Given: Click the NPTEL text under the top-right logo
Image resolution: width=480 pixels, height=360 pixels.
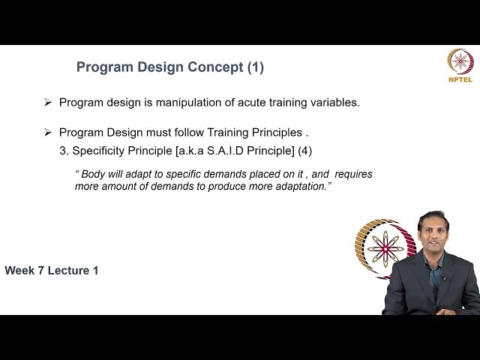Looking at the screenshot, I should click(460, 79).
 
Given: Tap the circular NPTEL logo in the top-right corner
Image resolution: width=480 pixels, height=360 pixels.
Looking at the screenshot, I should click(460, 61).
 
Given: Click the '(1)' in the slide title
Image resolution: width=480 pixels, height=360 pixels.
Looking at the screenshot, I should click(255, 67).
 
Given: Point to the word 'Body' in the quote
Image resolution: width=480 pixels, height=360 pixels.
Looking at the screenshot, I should click(94, 174).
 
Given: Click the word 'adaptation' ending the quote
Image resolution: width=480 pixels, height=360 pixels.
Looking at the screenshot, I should click(301, 186).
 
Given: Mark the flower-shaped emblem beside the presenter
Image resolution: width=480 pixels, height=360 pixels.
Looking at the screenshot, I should click(385, 248).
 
